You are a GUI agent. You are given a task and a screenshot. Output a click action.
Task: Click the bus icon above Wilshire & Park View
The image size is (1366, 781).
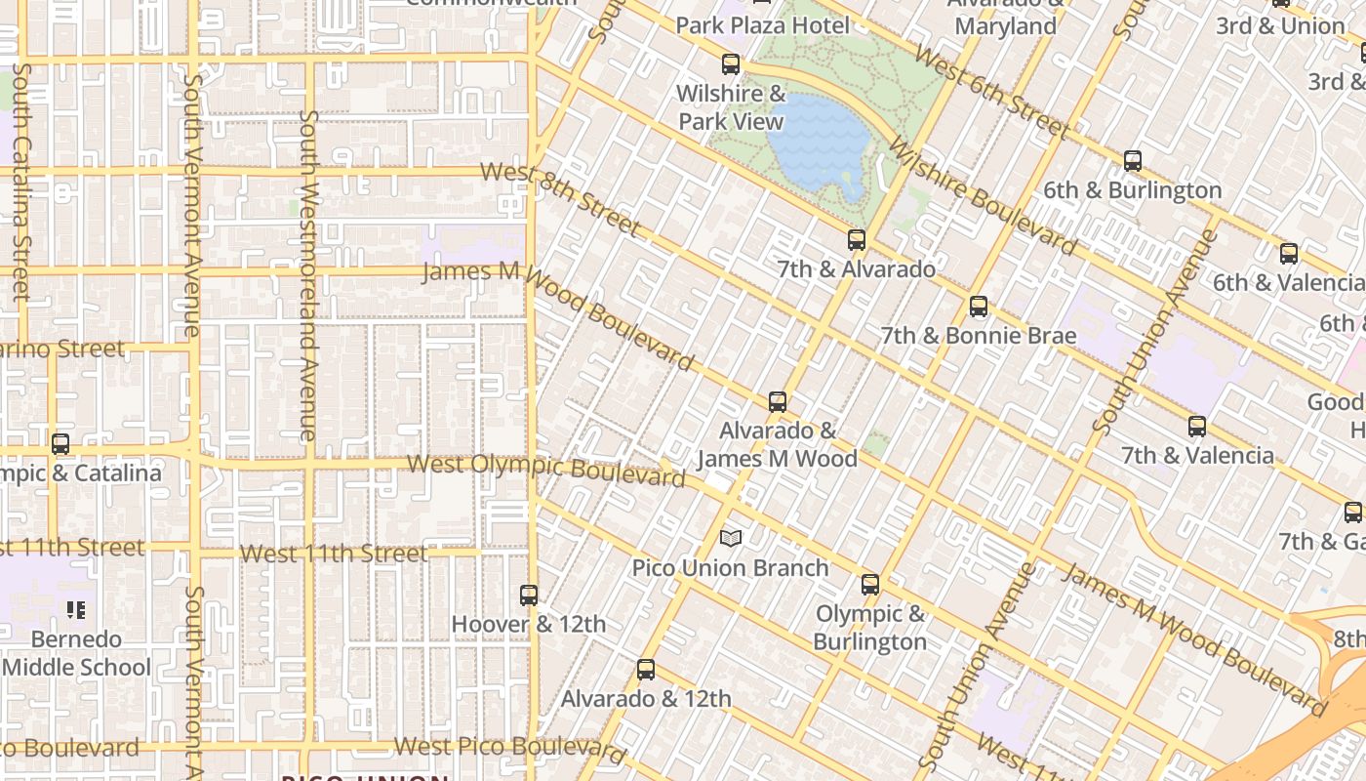[x=730, y=64]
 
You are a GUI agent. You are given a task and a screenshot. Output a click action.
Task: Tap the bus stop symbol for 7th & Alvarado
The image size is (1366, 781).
[x=857, y=240]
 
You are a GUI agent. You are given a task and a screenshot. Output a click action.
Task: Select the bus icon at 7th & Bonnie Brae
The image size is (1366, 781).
[x=979, y=307]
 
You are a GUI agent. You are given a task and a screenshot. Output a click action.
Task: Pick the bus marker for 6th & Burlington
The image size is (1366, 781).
[x=1133, y=161]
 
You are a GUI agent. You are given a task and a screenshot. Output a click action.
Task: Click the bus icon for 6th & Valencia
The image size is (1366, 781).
[x=1289, y=254]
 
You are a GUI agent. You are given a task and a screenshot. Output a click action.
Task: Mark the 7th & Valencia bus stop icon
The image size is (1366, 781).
[x=1197, y=427]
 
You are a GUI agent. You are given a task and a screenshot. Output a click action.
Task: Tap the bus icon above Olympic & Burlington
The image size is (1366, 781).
[x=870, y=585]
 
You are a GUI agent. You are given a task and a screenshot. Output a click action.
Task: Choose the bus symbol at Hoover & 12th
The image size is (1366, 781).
[x=529, y=595]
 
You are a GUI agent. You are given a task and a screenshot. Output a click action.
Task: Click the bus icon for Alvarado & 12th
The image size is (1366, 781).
[x=646, y=670]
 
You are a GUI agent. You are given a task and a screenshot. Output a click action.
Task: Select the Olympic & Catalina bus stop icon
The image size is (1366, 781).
[x=60, y=444]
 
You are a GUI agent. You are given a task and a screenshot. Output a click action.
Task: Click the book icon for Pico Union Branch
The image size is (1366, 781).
[x=731, y=538]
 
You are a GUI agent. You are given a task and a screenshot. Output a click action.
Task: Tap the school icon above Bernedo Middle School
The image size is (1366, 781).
[x=76, y=610]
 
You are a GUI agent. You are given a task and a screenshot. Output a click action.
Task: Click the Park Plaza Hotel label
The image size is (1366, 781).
[x=762, y=25]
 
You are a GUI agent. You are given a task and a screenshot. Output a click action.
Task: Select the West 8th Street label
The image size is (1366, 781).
[x=561, y=198]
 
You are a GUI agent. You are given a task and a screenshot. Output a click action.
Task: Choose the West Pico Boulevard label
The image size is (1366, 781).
[x=508, y=749]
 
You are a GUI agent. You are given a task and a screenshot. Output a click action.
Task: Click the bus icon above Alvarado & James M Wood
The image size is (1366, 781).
[x=778, y=402]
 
